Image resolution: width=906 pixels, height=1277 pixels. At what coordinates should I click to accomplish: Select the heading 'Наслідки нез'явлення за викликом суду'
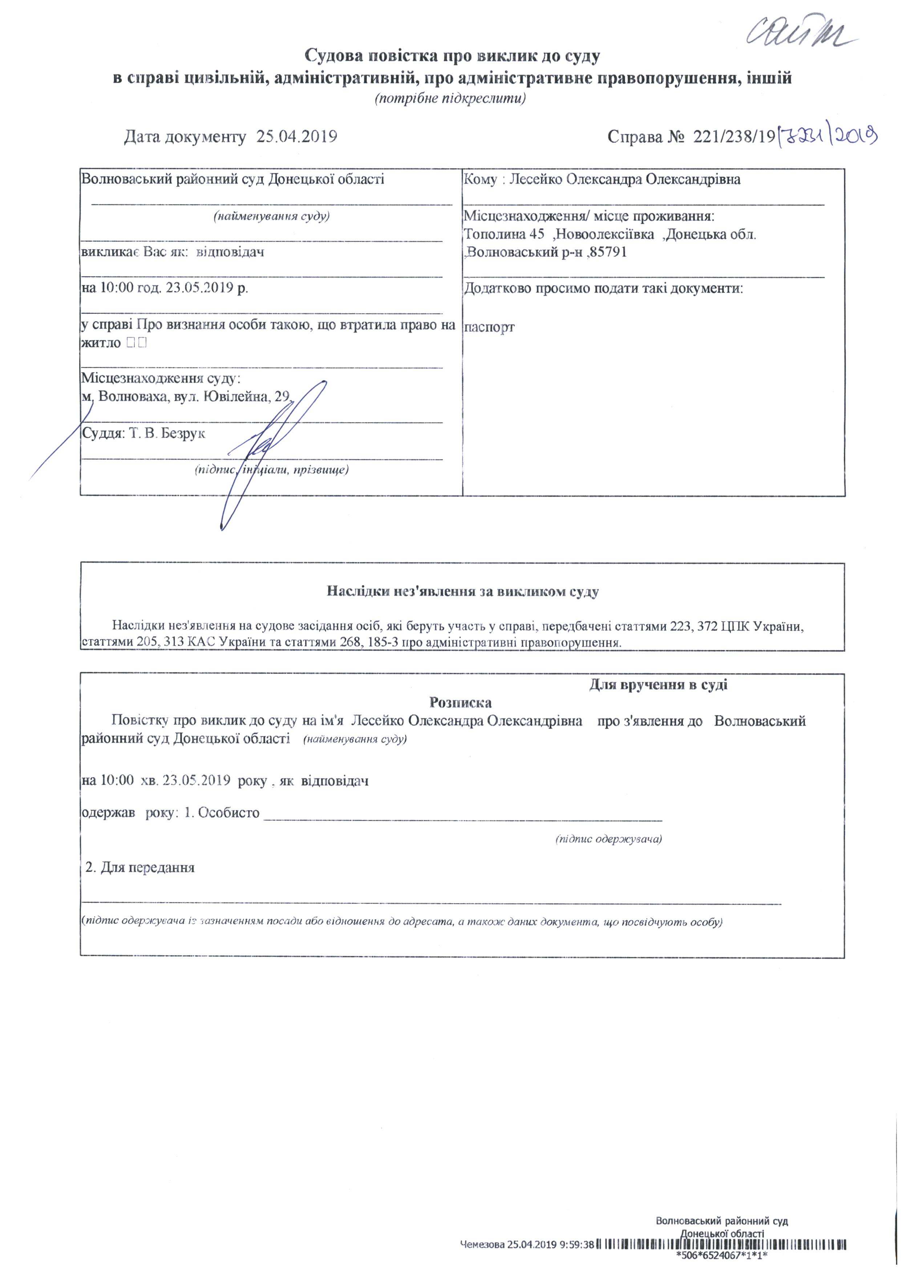click(462, 592)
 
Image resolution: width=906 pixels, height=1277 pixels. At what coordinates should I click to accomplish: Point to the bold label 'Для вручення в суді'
click(658, 684)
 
